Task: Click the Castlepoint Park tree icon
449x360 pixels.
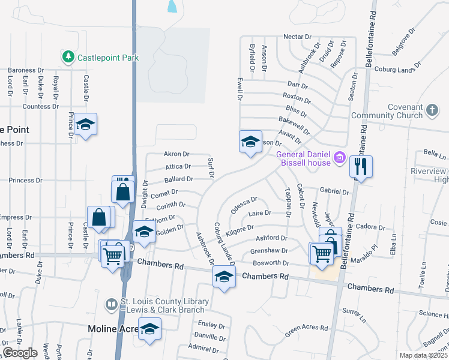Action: coord(68,58)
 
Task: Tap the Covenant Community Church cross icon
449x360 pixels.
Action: coord(432,110)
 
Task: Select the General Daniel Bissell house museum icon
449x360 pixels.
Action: coord(340,158)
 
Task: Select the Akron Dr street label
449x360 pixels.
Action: coord(176,154)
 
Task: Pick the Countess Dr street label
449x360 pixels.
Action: coord(41,106)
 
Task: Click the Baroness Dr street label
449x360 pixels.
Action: coord(26,70)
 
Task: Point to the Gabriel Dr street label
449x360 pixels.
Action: coord(334,192)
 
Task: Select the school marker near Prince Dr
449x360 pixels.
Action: coord(86,124)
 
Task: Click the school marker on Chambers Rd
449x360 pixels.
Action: coord(224,277)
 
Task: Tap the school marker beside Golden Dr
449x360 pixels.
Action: coord(143,232)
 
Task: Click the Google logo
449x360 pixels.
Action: coord(20,353)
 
